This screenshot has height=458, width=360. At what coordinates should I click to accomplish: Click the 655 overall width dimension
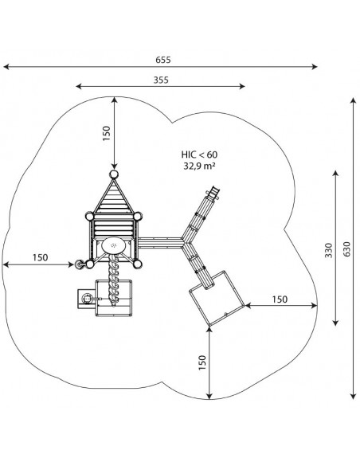(x=163, y=60)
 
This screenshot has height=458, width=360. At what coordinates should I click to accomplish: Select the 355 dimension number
(x=161, y=80)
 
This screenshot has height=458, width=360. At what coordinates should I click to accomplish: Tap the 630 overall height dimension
(x=347, y=249)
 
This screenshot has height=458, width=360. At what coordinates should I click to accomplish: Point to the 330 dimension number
(x=329, y=250)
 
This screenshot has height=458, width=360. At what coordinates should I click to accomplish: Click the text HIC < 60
(x=199, y=155)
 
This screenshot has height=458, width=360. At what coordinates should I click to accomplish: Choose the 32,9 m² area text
(x=199, y=166)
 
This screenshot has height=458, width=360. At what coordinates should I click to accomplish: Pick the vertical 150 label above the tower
(x=107, y=134)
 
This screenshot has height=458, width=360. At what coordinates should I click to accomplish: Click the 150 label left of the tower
(x=40, y=257)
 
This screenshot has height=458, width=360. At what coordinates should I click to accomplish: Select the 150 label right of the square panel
(x=280, y=299)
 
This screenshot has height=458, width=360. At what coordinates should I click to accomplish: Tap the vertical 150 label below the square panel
(x=202, y=362)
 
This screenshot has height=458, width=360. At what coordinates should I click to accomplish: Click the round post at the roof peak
(x=114, y=174)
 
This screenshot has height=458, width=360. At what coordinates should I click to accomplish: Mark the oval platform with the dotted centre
(x=114, y=245)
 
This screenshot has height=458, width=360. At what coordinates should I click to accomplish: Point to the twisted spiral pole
(x=113, y=280)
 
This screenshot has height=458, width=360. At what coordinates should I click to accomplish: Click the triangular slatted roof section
(x=113, y=198)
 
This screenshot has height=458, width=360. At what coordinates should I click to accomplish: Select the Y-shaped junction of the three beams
(x=185, y=243)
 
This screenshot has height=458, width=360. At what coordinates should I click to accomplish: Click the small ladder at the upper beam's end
(x=213, y=193)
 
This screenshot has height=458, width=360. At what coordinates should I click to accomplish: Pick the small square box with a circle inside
(x=87, y=299)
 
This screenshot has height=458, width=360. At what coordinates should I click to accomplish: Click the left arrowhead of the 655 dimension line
(x=6, y=67)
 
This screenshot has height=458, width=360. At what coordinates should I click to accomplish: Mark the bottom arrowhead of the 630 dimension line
(x=354, y=396)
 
